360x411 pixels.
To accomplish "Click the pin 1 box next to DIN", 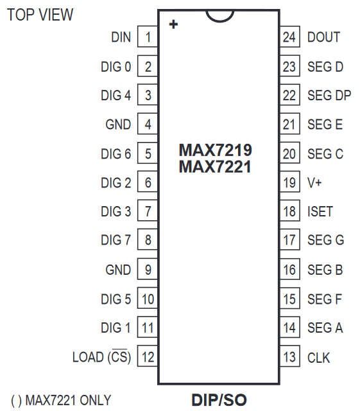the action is pyautogui.click(x=148, y=37).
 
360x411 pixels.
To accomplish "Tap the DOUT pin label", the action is pyautogui.click(x=323, y=37).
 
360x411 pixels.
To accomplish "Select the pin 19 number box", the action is pyautogui.click(x=290, y=182).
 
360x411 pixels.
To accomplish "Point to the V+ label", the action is pyautogui.click(x=314, y=182).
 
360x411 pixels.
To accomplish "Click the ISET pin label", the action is pyautogui.click(x=320, y=211).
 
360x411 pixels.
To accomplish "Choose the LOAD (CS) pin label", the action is pyautogui.click(x=101, y=357).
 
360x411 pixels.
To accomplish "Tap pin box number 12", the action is pyautogui.click(x=148, y=357).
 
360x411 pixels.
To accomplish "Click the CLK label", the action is pyautogui.click(x=318, y=358).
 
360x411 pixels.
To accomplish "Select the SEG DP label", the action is pyautogui.click(x=329, y=95).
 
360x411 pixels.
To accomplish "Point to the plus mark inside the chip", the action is pyautogui.click(x=173, y=24).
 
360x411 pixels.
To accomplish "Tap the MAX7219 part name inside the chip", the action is pyautogui.click(x=215, y=150).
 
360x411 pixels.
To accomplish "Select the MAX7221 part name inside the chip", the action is pyautogui.click(x=215, y=167).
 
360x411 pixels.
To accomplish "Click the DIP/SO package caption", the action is pyautogui.click(x=219, y=400).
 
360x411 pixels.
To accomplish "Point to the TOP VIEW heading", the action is pyautogui.click(x=40, y=15).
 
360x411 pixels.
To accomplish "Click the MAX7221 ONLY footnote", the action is pyautogui.click(x=61, y=400).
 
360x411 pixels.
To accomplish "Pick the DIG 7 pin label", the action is pyautogui.click(x=116, y=240).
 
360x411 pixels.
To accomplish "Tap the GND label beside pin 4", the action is pyautogui.click(x=118, y=124).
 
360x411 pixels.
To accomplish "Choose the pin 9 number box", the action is pyautogui.click(x=148, y=270).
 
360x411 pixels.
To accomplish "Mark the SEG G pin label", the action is pyautogui.click(x=326, y=240).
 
